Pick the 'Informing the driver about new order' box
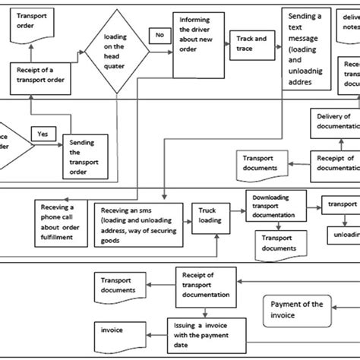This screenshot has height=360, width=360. [x=200, y=43]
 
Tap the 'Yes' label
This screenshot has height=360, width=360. [x=43, y=133]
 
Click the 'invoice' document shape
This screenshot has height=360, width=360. [x=118, y=332]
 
